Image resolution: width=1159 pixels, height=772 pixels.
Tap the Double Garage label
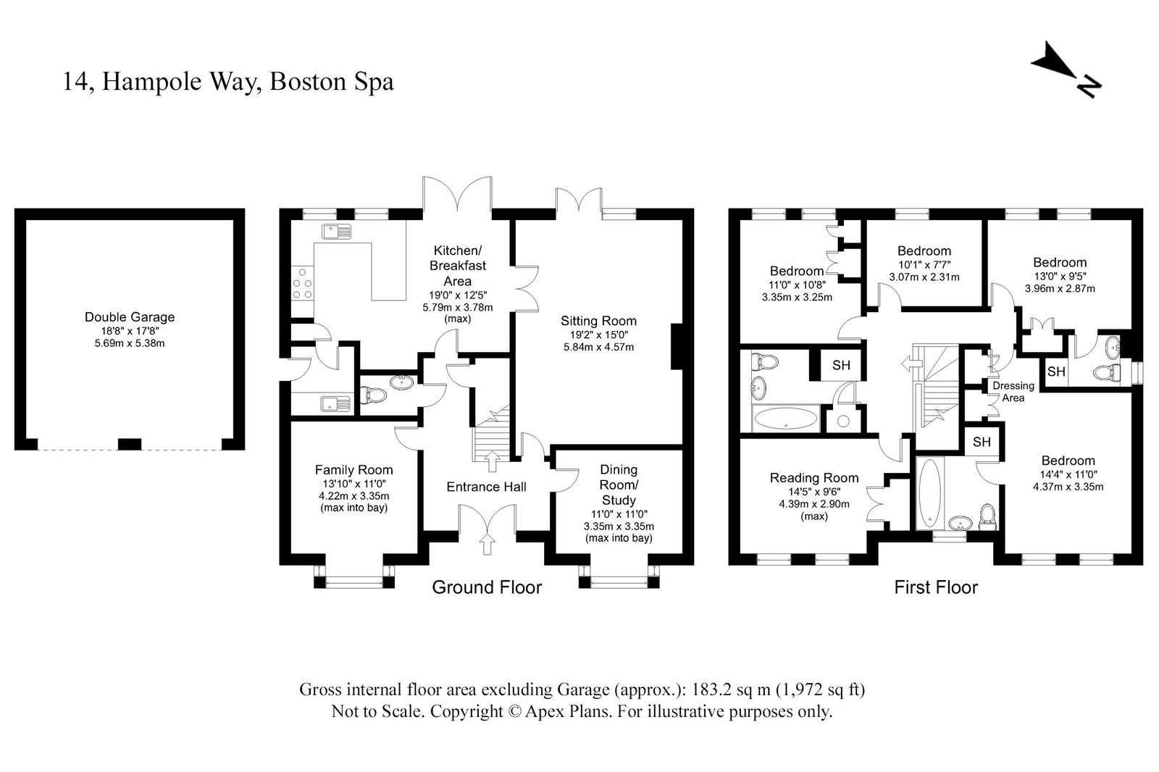click(x=130, y=316)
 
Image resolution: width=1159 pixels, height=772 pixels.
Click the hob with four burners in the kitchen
click(x=301, y=283)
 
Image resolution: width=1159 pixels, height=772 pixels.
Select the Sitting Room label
click(x=598, y=321)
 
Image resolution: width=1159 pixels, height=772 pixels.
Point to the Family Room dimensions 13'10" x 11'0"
click(x=353, y=484)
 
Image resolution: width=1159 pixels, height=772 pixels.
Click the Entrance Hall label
click(x=486, y=487)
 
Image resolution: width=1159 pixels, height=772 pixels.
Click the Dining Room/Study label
click(x=619, y=484)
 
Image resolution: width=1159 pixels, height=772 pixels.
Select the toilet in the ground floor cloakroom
click(x=374, y=395)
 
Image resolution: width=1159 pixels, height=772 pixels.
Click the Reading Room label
click(x=814, y=478)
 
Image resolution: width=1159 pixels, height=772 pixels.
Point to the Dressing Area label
click(x=1013, y=391)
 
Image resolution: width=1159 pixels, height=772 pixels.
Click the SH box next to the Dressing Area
click(x=1056, y=372)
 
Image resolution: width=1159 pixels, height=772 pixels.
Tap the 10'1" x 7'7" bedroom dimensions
click(x=924, y=264)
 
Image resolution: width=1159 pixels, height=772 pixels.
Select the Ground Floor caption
click(x=487, y=587)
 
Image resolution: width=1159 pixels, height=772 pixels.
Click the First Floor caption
click(x=936, y=587)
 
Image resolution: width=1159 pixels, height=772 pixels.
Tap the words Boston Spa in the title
click(x=332, y=81)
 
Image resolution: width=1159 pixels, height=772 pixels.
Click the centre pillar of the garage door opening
click(x=130, y=444)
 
